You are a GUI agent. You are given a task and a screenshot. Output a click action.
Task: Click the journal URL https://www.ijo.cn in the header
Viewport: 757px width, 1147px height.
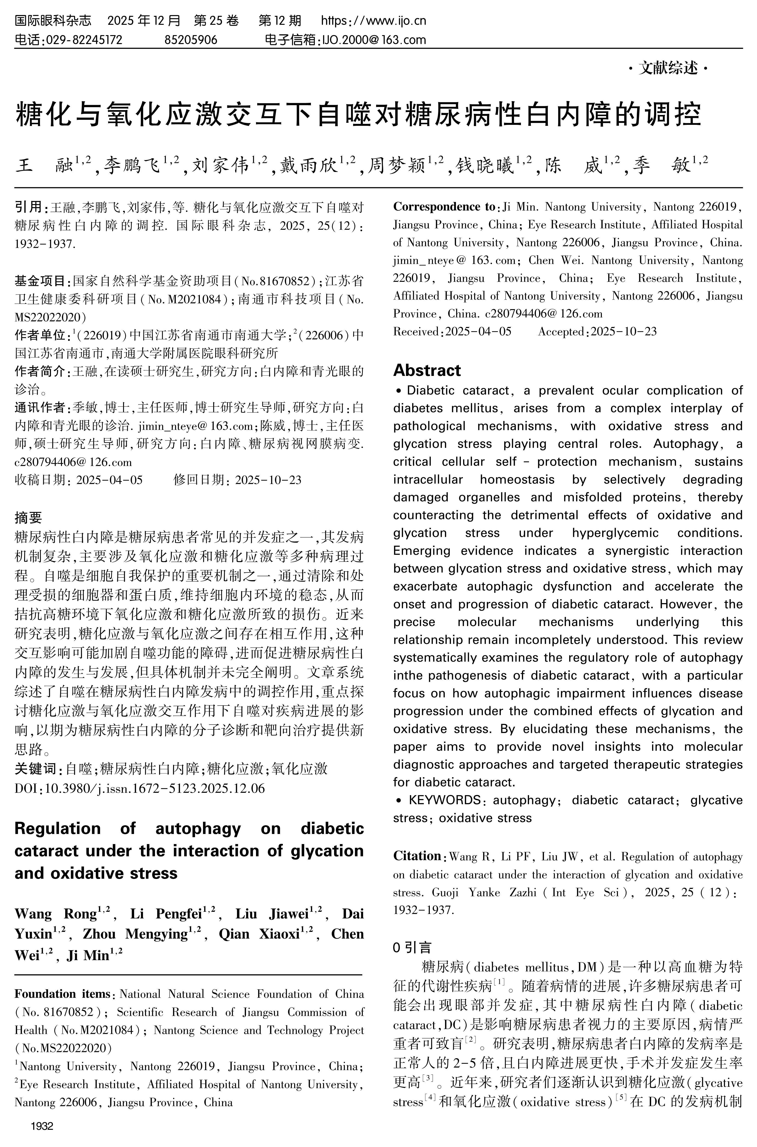click(373, 21)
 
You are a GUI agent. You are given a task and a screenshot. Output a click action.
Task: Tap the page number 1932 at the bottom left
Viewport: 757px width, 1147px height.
click(42, 1126)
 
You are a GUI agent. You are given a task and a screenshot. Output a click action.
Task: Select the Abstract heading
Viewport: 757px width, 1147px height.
click(427, 370)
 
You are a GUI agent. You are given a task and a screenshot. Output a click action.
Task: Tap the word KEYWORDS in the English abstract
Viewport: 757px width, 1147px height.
click(444, 800)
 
